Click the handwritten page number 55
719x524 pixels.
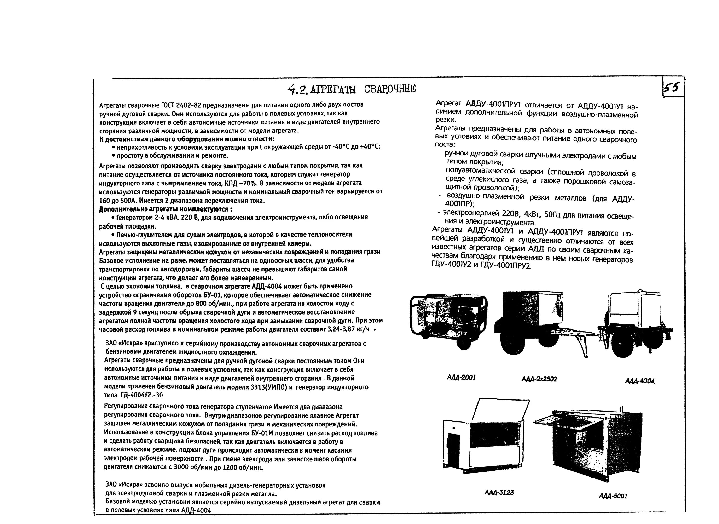673,87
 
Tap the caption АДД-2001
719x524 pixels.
461,377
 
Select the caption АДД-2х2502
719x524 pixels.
539,379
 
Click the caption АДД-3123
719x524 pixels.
499,492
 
